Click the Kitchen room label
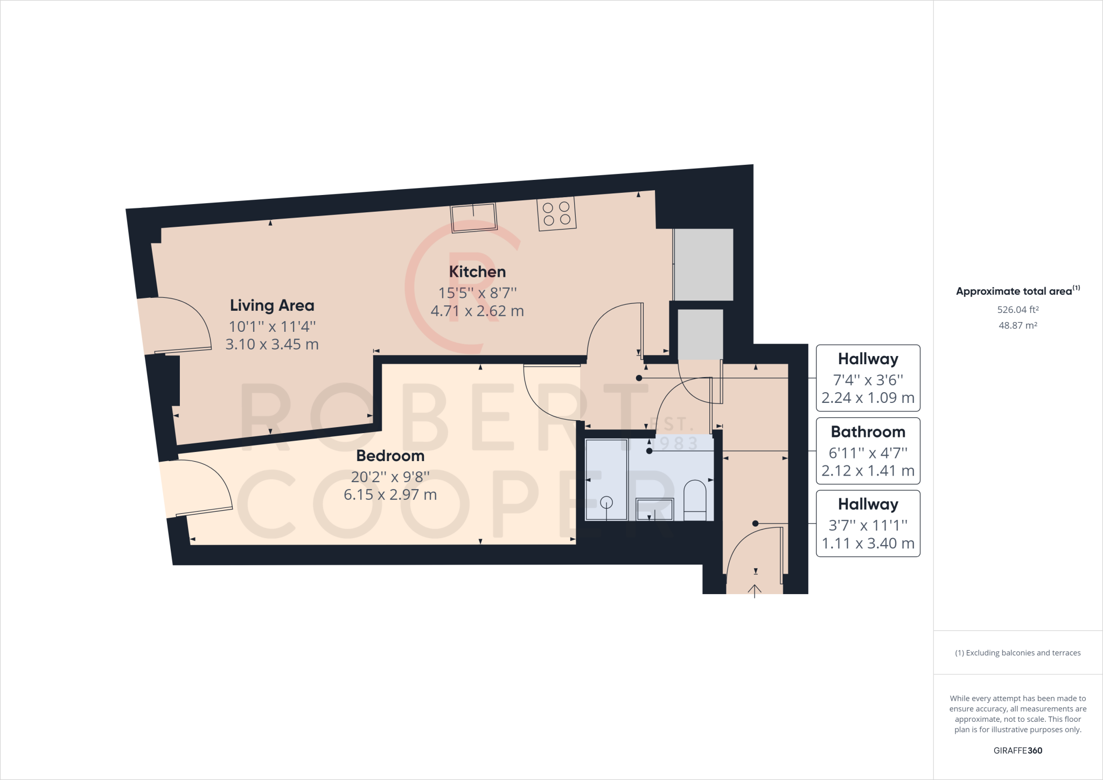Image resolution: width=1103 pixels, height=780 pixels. (477, 271)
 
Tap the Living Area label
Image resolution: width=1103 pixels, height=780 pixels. (272, 305)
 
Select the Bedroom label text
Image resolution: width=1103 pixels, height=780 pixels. (390, 456)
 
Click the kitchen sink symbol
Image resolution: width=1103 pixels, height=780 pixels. (473, 218)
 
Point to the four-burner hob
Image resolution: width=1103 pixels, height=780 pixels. (557, 213)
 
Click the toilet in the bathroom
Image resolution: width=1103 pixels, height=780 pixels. (695, 500)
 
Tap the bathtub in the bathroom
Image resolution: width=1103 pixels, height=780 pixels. (606, 479)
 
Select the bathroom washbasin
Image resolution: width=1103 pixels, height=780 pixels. (654, 509)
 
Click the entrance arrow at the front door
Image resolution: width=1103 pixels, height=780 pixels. (755, 591)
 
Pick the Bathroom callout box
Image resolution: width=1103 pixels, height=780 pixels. (868, 451)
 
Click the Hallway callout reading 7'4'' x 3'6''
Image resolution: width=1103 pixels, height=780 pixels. (868, 378)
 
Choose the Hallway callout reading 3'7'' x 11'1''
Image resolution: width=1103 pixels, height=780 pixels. (868, 524)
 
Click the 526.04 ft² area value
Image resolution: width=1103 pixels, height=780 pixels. (1018, 310)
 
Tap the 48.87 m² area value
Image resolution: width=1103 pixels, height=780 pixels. (1018, 325)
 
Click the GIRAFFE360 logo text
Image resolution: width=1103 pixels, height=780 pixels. (1018, 750)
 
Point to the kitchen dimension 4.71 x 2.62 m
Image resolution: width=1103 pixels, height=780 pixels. (477, 311)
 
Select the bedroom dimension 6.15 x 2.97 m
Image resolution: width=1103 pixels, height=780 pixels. (390, 495)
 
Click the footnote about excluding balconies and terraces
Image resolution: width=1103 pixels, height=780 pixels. (1018, 653)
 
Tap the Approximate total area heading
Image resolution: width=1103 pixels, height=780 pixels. (1018, 291)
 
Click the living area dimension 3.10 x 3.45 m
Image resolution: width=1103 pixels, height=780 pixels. (272, 344)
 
